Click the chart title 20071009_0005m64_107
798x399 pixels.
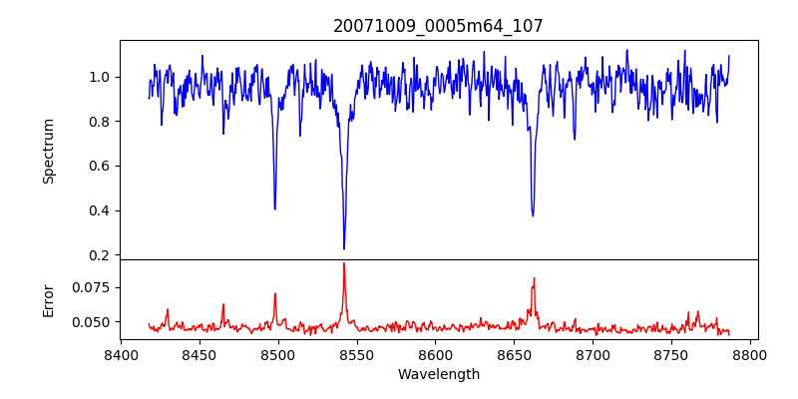[438, 26]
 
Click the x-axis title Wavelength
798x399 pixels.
[438, 374]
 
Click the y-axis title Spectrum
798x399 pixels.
[48, 151]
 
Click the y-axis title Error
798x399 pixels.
[48, 300]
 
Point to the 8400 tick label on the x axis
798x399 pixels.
[121, 353]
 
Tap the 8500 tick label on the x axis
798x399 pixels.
[278, 353]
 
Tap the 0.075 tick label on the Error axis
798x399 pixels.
[93, 287]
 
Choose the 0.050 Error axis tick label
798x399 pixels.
[93, 322]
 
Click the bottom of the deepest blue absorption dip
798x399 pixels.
[344, 248]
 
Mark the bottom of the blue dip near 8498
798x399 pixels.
[275, 208]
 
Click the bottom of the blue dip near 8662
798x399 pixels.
[533, 215]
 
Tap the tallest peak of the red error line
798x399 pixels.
[344, 263]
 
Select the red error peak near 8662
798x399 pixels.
[534, 277]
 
